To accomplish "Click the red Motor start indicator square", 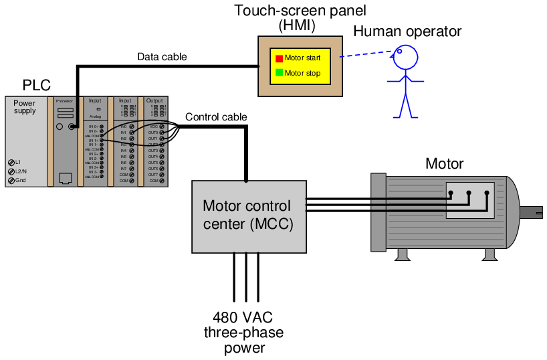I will pyautogui.click(x=280, y=58).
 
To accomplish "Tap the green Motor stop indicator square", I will pyautogui.click(x=280, y=73).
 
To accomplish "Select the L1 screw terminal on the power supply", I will pyautogui.click(x=11, y=163).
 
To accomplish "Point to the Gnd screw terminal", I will pyautogui.click(x=11, y=180).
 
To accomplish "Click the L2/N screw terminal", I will pyautogui.click(x=11, y=171).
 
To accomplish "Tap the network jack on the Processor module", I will pyautogui.click(x=66, y=178).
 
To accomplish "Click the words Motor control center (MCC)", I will pyautogui.click(x=247, y=215).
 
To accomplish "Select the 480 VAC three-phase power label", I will pyautogui.click(x=243, y=333).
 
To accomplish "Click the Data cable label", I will pyautogui.click(x=162, y=57).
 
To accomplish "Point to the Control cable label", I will pyautogui.click(x=216, y=117).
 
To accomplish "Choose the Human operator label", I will pyautogui.click(x=407, y=31).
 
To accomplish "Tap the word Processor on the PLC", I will pyautogui.click(x=64, y=101).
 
